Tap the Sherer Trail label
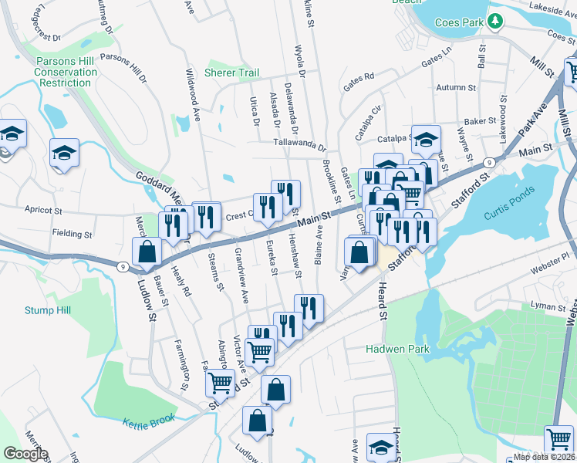click(x=231, y=73)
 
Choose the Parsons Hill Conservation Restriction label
click(x=66, y=72)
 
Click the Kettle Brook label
click(x=149, y=421)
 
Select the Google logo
click(x=25, y=454)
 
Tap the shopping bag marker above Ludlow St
click(x=147, y=252)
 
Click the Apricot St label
click(x=42, y=209)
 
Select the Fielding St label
click(x=72, y=233)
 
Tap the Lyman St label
click(x=548, y=306)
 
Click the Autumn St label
click(x=453, y=88)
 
